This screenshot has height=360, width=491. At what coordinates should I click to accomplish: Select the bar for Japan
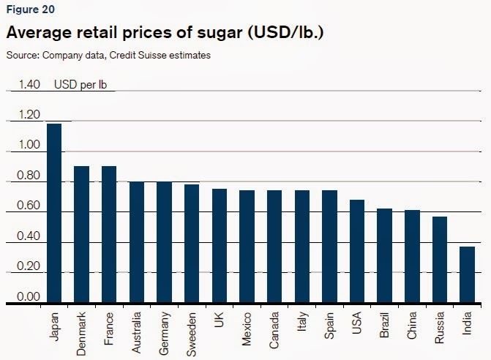point(54,212)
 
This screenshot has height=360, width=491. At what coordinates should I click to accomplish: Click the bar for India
point(467,274)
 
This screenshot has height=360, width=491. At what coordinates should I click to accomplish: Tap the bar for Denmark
point(82,233)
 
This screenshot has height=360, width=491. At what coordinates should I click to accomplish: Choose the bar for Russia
point(439,259)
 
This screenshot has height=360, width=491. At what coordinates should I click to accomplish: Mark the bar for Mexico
point(247,246)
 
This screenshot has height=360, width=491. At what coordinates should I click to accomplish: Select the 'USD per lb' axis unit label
point(80,84)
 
